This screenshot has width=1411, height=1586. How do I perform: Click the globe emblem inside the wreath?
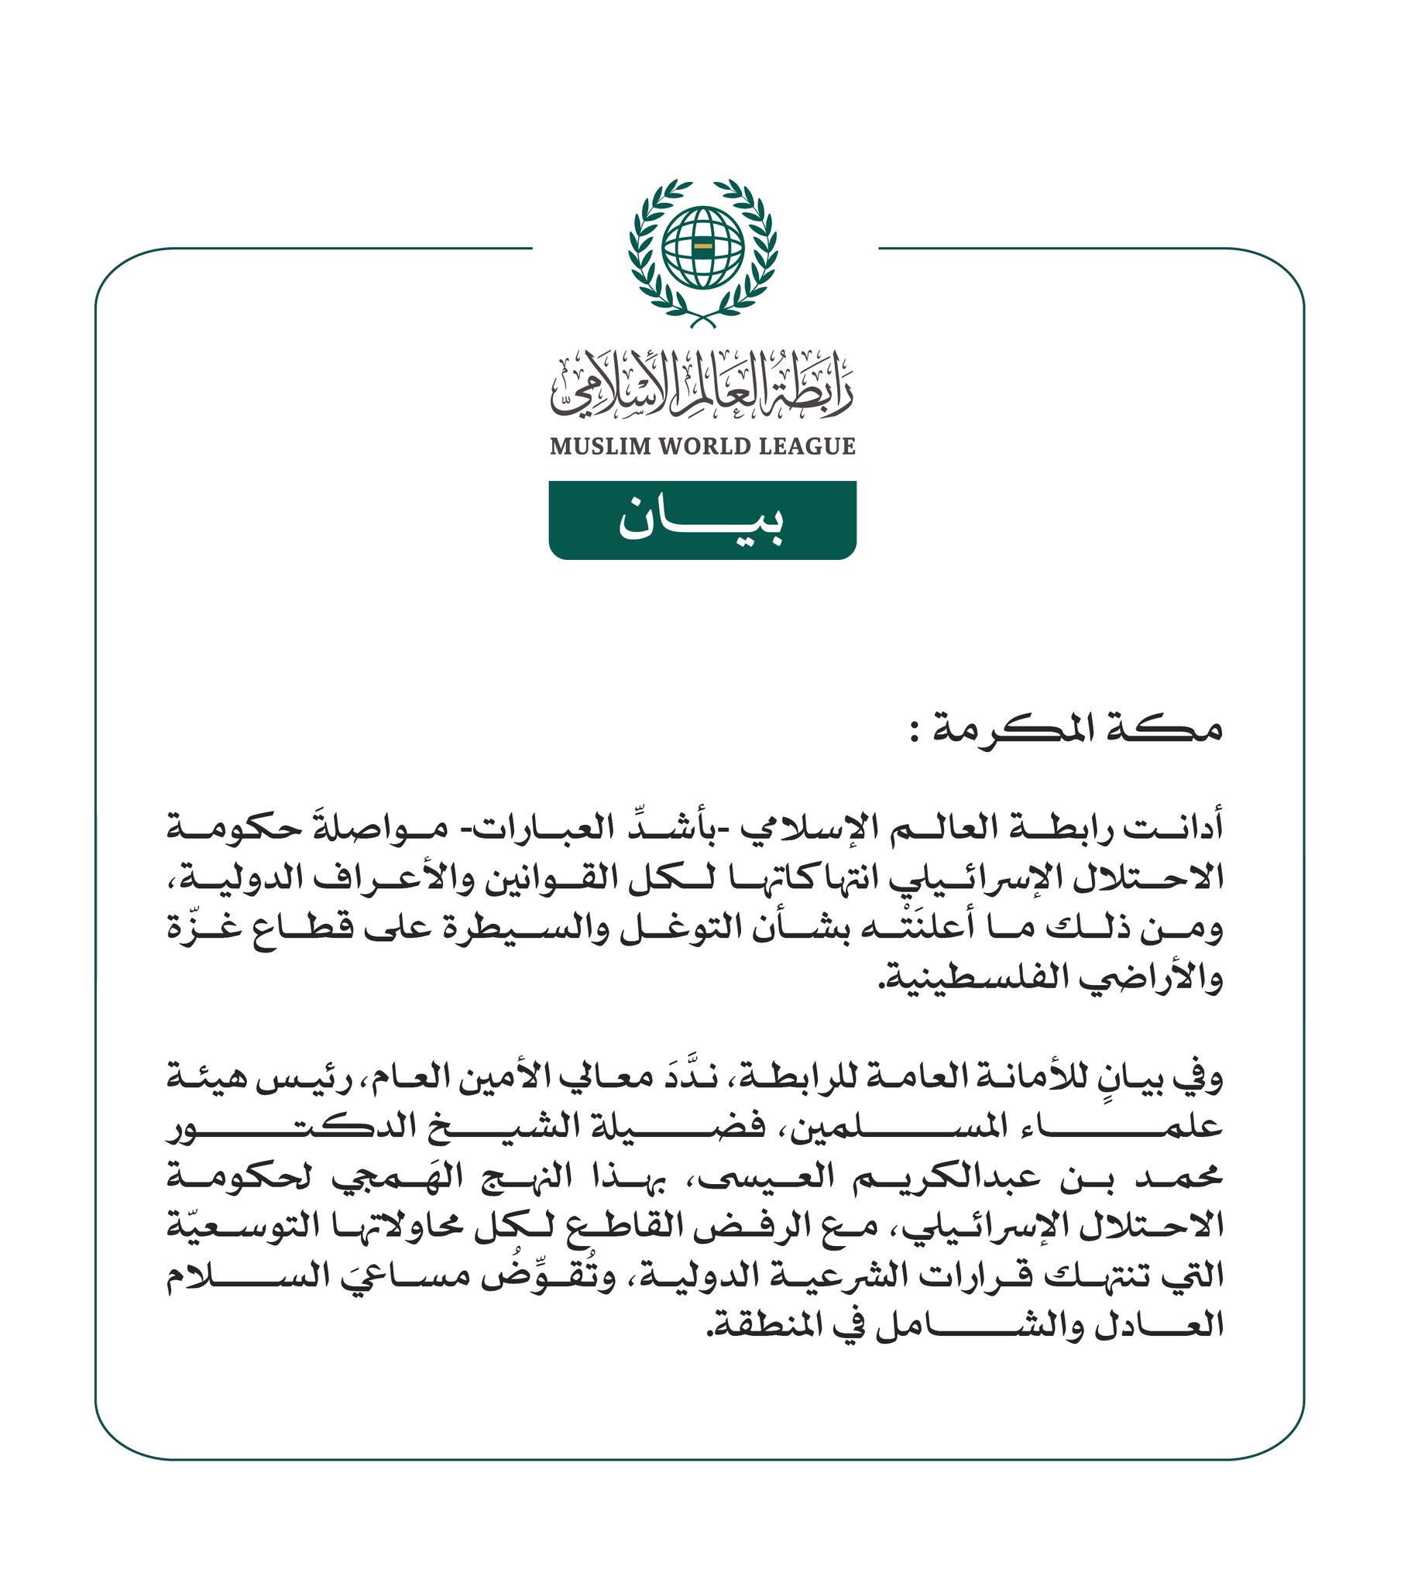pyautogui.click(x=703, y=248)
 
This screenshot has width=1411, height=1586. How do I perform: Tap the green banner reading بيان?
pyautogui.click(x=702, y=520)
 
